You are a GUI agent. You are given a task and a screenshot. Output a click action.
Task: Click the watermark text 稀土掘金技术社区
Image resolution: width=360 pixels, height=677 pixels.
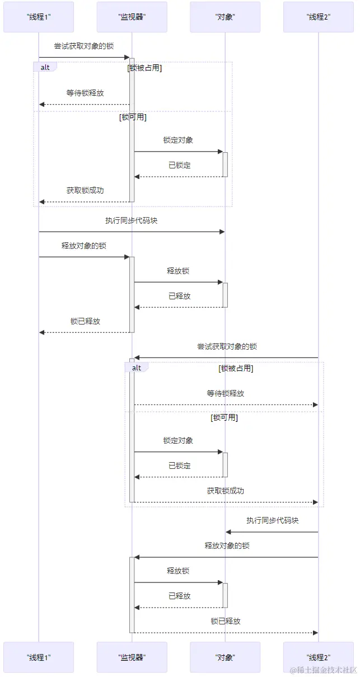(x=323, y=670)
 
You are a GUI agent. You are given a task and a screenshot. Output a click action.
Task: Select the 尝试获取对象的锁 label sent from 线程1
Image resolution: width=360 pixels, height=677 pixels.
(x=83, y=46)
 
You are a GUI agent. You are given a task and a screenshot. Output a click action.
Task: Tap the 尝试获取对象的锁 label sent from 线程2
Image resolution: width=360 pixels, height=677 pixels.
(x=227, y=346)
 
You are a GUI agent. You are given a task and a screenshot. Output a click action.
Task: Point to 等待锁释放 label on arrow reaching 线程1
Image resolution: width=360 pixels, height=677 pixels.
(x=85, y=93)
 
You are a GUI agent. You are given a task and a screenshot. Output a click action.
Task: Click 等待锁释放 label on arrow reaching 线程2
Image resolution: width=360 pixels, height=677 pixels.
(x=226, y=393)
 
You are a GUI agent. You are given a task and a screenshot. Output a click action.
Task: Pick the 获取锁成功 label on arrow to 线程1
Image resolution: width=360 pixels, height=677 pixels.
(x=85, y=190)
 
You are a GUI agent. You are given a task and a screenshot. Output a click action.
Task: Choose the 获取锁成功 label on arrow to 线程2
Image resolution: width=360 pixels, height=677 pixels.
(x=226, y=491)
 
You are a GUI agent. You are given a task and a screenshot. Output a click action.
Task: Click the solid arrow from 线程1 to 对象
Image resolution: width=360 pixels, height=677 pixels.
(x=132, y=232)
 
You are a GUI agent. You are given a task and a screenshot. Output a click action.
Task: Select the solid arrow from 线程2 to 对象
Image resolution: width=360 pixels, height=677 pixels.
(x=272, y=532)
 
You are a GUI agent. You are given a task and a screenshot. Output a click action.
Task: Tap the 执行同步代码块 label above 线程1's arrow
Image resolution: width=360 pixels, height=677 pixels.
(x=132, y=220)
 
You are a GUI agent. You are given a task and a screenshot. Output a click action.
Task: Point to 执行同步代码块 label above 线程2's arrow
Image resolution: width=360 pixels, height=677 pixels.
(x=273, y=520)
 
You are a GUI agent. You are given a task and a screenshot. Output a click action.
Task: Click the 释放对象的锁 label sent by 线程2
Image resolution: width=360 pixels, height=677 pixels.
(x=227, y=546)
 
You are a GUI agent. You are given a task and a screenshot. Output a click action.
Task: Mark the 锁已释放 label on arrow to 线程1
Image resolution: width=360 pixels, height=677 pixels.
(x=85, y=321)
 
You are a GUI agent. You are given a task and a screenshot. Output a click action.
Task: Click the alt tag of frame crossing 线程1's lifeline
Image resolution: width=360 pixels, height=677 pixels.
(x=45, y=67)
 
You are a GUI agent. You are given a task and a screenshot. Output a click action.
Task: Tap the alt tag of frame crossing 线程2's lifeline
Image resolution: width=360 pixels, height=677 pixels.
(x=137, y=368)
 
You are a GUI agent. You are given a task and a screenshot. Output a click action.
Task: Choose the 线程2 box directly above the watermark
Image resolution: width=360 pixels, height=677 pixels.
(x=319, y=657)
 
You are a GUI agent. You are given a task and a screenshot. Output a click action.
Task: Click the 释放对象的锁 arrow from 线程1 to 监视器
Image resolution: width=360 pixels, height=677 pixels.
(x=84, y=257)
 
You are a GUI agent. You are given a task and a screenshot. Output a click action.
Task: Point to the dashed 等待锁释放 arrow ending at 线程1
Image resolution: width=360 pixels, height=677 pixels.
(x=84, y=104)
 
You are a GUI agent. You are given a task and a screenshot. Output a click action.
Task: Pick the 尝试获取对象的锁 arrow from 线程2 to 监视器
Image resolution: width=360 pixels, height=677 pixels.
(x=227, y=358)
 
